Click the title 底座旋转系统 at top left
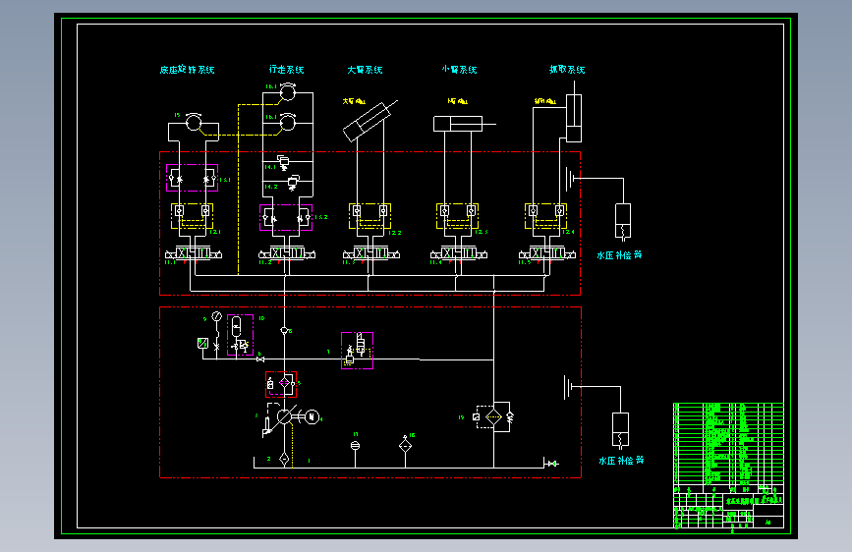tap(187, 70)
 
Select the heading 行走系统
tap(286, 70)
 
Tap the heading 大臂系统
tap(365, 70)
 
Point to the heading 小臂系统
tap(459, 70)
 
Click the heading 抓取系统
tap(567, 70)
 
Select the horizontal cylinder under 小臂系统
tap(462, 124)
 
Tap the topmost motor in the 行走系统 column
tap(287, 92)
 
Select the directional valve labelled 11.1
tap(193, 254)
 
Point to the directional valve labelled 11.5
tap(545, 254)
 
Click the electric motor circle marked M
tap(312, 416)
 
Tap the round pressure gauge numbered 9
tap(217, 316)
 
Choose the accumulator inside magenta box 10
tap(237, 326)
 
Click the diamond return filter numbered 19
tap(493, 416)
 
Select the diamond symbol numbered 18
tap(405, 445)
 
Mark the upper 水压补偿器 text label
tap(619, 254)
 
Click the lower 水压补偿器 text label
tap(621, 460)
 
